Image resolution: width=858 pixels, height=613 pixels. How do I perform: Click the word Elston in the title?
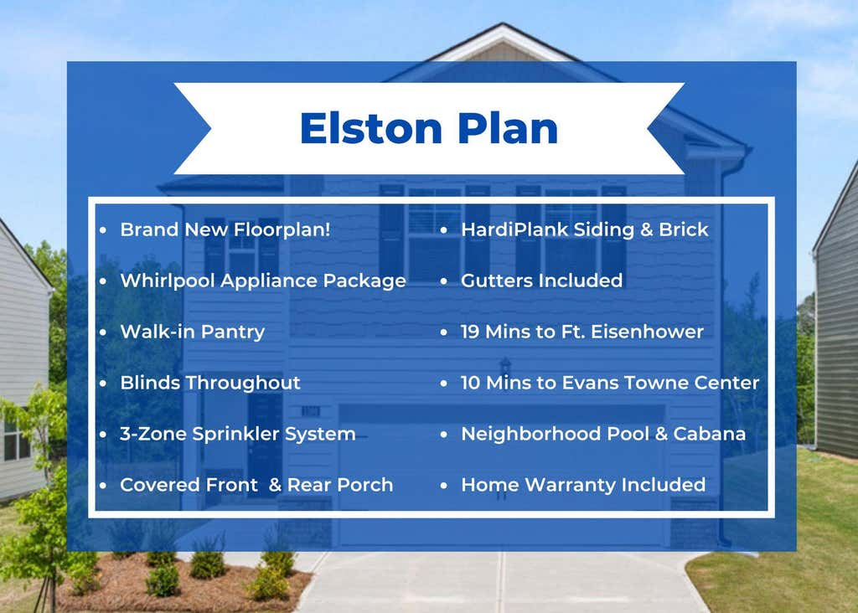point(371,128)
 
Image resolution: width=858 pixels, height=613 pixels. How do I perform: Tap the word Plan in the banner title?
point(508,128)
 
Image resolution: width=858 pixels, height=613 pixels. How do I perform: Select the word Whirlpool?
point(167,281)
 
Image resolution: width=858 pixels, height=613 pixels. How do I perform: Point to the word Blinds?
point(150,383)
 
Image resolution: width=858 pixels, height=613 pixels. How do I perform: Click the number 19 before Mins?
point(470,332)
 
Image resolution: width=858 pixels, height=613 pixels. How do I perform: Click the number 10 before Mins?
point(471,383)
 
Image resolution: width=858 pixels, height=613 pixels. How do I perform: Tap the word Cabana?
point(709,434)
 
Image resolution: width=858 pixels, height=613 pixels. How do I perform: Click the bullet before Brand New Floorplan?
point(103,230)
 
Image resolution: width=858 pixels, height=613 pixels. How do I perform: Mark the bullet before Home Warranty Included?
point(444,485)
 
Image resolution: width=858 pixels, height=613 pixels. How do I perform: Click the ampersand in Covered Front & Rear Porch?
point(275,485)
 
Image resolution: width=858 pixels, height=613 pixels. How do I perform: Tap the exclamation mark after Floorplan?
point(328,229)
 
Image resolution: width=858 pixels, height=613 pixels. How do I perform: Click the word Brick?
point(684,229)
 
